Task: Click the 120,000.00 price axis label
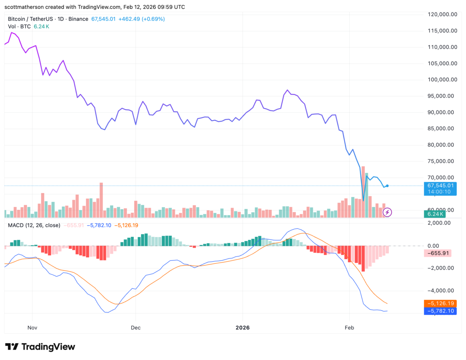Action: (440, 14)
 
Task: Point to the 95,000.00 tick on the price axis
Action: (440, 96)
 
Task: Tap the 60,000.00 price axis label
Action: (440, 210)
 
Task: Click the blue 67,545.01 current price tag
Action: (440, 186)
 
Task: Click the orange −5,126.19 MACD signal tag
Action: (439, 303)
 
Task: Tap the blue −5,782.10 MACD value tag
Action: (439, 311)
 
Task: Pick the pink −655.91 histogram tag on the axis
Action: (438, 253)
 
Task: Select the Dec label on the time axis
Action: (135, 328)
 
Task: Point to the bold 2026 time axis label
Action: (242, 328)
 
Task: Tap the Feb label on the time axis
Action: (349, 328)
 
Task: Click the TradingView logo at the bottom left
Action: (40, 347)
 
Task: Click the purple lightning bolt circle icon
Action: (387, 212)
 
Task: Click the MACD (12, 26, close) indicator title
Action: (34, 225)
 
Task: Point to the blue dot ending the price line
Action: (387, 186)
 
